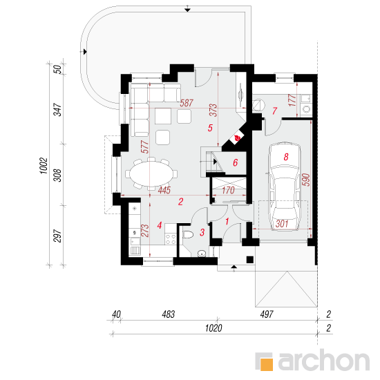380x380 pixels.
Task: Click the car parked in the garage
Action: click(x=285, y=187)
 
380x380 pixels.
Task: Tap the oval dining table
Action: click(x=151, y=173)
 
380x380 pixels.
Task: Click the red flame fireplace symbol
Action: click(x=237, y=138)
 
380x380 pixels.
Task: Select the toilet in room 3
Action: click(x=188, y=235)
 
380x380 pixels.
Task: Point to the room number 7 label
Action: click(x=274, y=111)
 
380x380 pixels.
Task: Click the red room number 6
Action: click(x=236, y=162)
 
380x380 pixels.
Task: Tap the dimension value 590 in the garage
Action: click(x=306, y=180)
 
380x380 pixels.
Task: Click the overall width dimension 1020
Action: click(x=213, y=328)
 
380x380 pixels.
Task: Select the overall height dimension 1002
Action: click(x=44, y=166)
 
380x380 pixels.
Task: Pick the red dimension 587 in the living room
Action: click(x=187, y=103)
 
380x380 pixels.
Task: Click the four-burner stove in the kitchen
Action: click(x=171, y=238)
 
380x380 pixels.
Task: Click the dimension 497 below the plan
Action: click(x=267, y=314)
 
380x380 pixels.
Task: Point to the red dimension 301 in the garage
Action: click(x=282, y=224)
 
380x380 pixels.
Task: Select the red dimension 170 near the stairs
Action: click(x=228, y=190)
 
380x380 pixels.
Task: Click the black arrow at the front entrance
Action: click(x=234, y=267)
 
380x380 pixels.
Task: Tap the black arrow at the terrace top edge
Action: click(x=187, y=10)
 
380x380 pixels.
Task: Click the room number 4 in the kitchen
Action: click(x=159, y=225)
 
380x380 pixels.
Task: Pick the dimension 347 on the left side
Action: click(x=57, y=110)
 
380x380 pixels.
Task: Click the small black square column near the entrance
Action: click(x=250, y=260)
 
